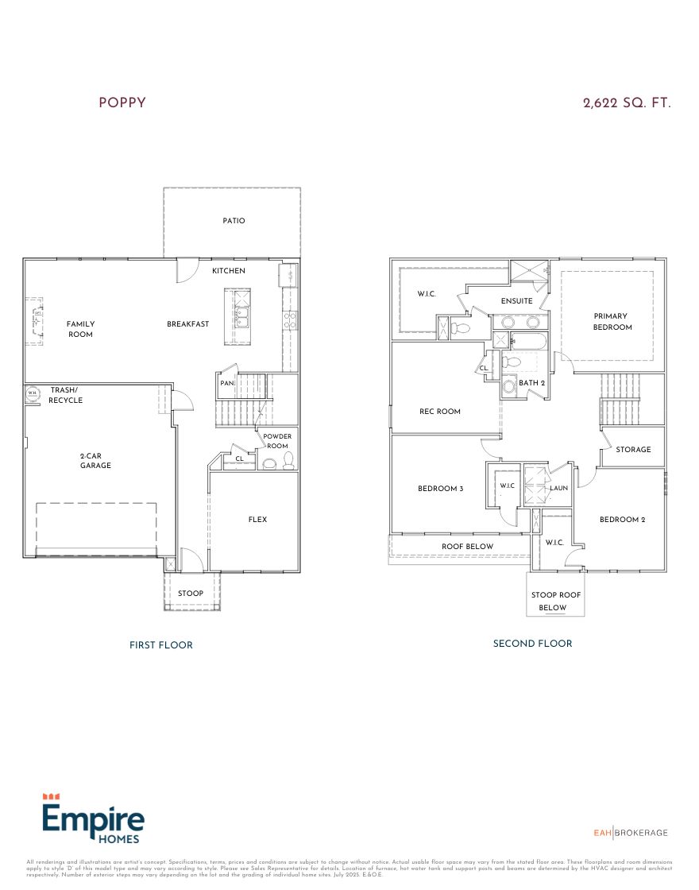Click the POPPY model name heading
(122, 103)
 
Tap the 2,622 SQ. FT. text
(627, 103)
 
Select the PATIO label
(234, 221)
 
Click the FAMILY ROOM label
(79, 329)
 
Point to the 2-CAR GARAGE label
(95, 460)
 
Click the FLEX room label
(257, 520)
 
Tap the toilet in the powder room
(288, 460)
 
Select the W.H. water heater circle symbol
(33, 393)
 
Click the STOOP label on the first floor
(191, 594)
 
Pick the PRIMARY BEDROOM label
(612, 322)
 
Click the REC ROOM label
(440, 412)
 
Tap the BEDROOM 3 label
(440, 489)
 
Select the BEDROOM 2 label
(622, 520)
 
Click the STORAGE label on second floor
(633, 450)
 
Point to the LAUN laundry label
(558, 488)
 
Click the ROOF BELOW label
(467, 547)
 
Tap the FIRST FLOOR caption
(161, 645)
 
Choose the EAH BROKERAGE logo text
(631, 833)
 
